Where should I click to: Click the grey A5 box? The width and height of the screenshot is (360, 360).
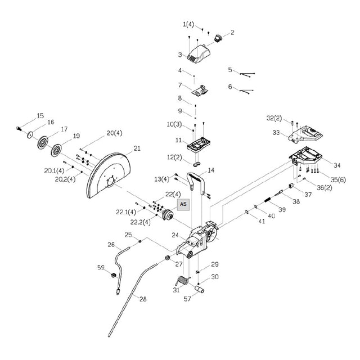pos(183,204)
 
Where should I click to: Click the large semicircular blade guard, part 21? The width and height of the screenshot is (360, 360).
pos(109,175)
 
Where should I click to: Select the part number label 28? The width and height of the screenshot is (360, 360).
pos(143,299)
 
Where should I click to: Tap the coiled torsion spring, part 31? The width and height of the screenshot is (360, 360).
pos(182,281)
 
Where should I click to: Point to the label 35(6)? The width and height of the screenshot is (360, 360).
pos(337,179)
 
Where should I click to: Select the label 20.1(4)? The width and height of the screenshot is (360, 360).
pos(54,170)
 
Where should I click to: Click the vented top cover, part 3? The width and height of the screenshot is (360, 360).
pos(198,54)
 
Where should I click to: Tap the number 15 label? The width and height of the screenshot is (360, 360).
pos(40,115)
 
